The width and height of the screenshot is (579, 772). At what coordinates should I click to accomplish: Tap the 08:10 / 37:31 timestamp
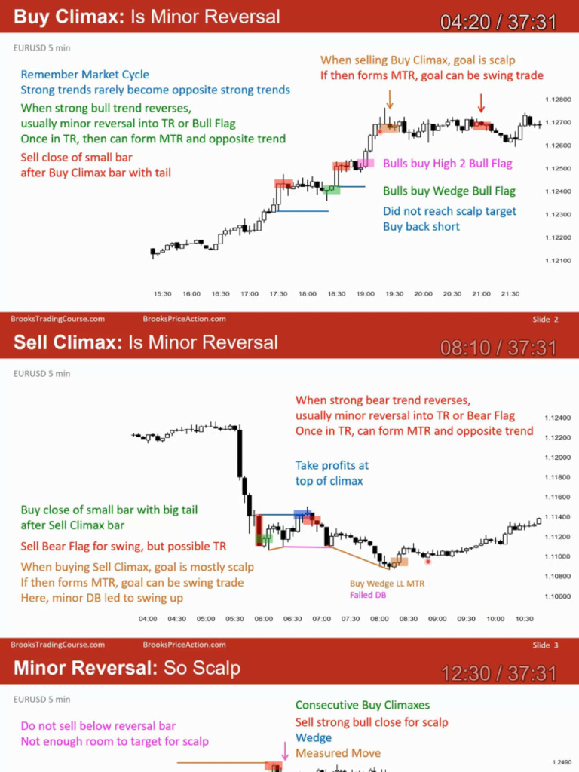(498, 348)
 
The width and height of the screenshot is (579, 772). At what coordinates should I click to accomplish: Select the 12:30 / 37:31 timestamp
(498, 672)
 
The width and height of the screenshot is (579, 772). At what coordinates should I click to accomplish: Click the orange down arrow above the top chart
(390, 99)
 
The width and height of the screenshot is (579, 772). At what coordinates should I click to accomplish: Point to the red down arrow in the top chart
(481, 103)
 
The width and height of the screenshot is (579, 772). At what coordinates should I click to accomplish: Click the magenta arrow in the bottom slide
(285, 750)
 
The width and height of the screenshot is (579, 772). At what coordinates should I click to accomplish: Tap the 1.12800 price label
(556, 99)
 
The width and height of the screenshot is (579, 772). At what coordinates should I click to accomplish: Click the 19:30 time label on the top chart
(394, 294)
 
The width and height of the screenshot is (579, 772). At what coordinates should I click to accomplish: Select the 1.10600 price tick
(556, 596)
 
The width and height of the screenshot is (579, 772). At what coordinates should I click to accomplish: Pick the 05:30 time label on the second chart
(234, 619)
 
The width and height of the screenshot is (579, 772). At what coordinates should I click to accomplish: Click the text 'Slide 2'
(545, 320)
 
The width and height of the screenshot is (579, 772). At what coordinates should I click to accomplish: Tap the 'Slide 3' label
(545, 645)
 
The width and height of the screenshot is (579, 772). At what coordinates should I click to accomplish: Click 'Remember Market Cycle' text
(85, 75)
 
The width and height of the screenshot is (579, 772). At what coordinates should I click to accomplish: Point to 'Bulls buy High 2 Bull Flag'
(447, 163)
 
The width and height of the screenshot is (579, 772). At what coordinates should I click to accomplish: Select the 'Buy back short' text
(421, 226)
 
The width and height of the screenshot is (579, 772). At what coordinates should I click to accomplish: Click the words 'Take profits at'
(332, 466)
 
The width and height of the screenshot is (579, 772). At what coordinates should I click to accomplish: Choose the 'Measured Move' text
(338, 753)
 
